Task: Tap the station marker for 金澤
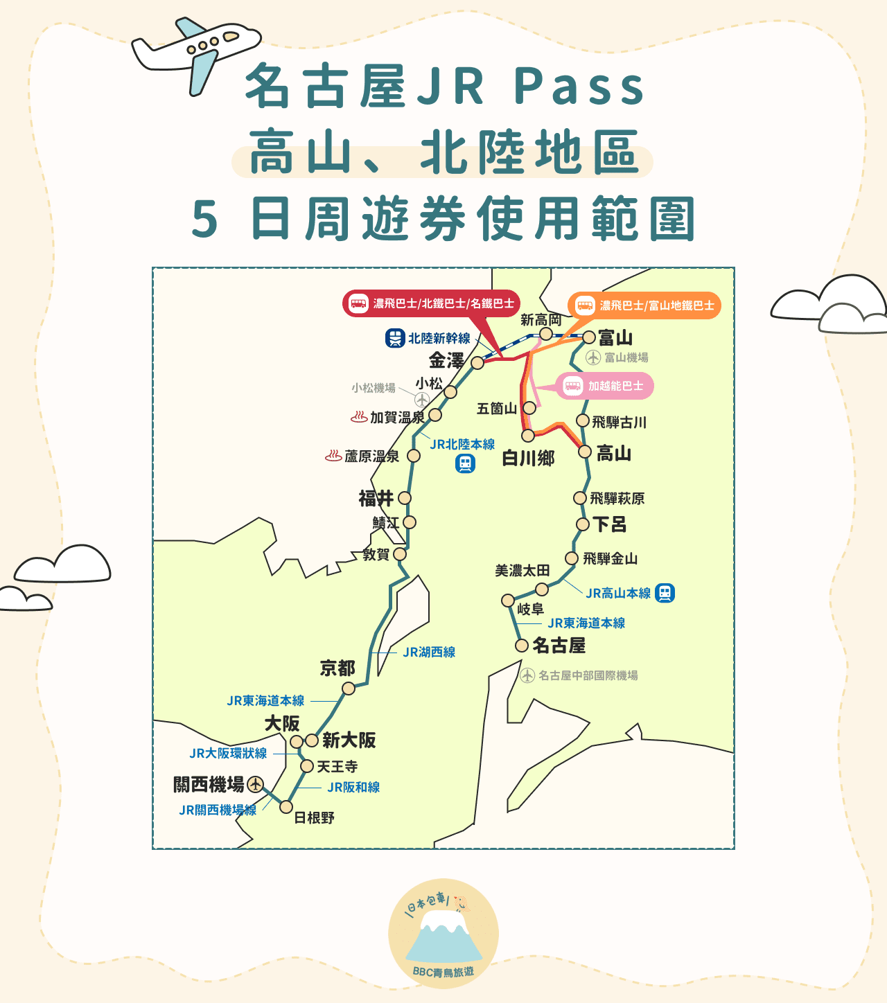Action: point(477,363)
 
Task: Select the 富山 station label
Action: point(615,338)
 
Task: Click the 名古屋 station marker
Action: point(522,646)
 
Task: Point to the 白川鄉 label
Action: point(528,458)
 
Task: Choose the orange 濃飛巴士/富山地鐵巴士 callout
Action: point(644,305)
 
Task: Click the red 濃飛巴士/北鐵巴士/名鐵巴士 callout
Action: point(431,303)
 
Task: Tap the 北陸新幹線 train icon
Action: point(395,339)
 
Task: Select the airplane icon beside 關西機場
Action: point(256,784)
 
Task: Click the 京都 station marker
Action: point(349,688)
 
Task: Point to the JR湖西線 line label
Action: point(429,652)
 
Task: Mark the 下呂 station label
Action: point(610,524)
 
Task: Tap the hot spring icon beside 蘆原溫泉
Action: point(333,456)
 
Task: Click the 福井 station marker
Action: point(405,498)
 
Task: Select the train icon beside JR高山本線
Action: point(665,593)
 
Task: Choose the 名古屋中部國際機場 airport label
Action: point(588,675)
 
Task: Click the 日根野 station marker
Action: point(286,806)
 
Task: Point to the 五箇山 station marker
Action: point(529,408)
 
